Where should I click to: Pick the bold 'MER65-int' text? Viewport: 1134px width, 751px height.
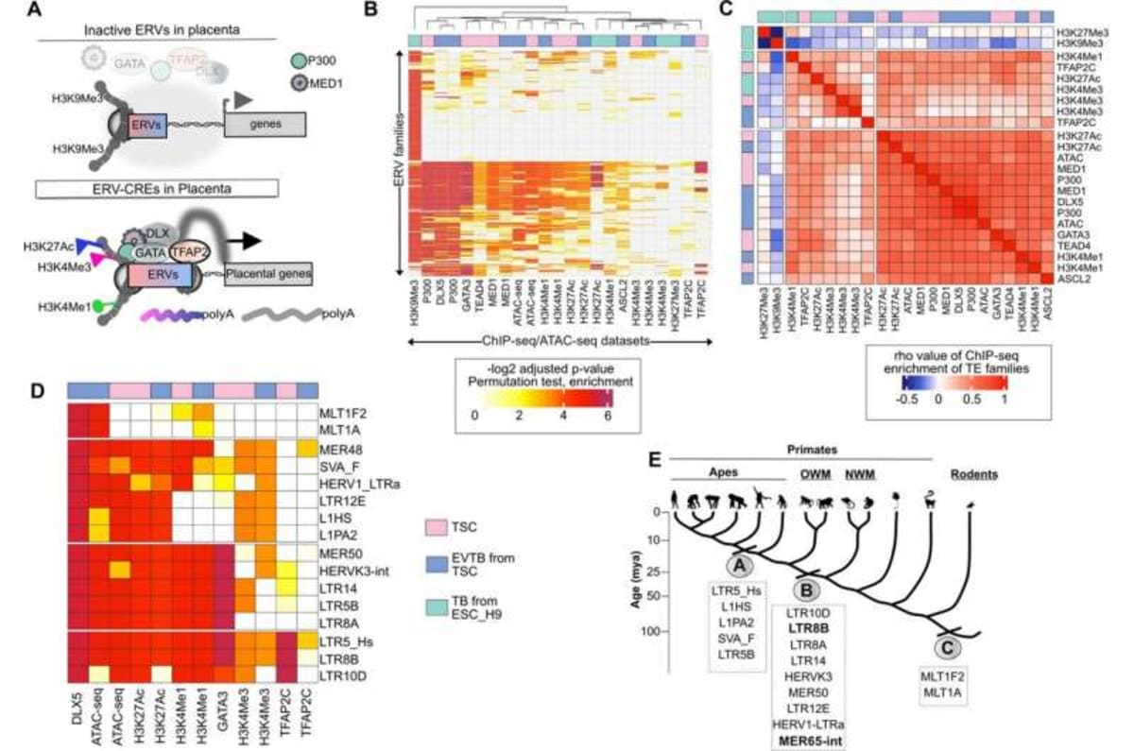[x=808, y=740]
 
